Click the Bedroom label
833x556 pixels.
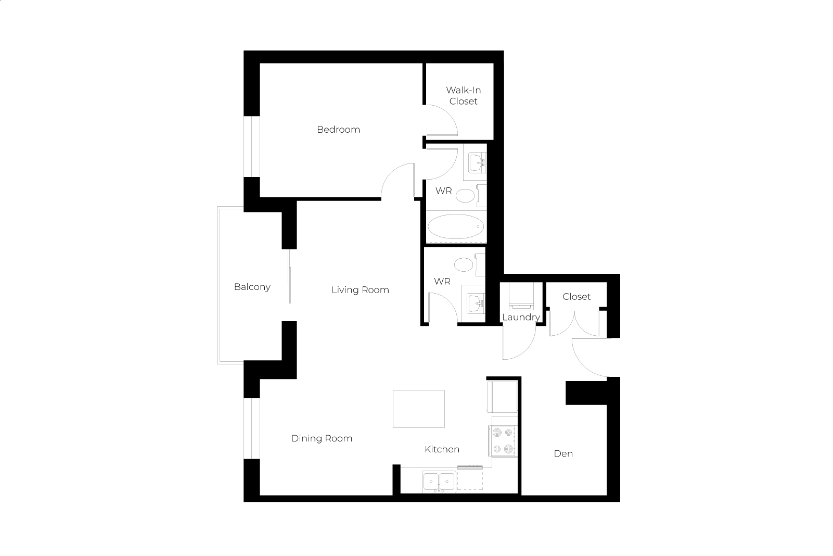338,130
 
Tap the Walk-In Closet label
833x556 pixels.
464,96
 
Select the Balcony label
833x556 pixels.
252,287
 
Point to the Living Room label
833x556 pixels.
361,290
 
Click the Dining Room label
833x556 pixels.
322,438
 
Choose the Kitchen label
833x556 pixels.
442,449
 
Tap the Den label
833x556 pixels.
563,453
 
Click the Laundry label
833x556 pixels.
521,317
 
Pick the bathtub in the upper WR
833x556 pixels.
456,226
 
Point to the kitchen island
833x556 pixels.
419,409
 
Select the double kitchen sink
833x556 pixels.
439,482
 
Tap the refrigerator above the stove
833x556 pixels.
503,397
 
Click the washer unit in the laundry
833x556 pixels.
521,296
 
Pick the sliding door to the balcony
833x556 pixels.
289,276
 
